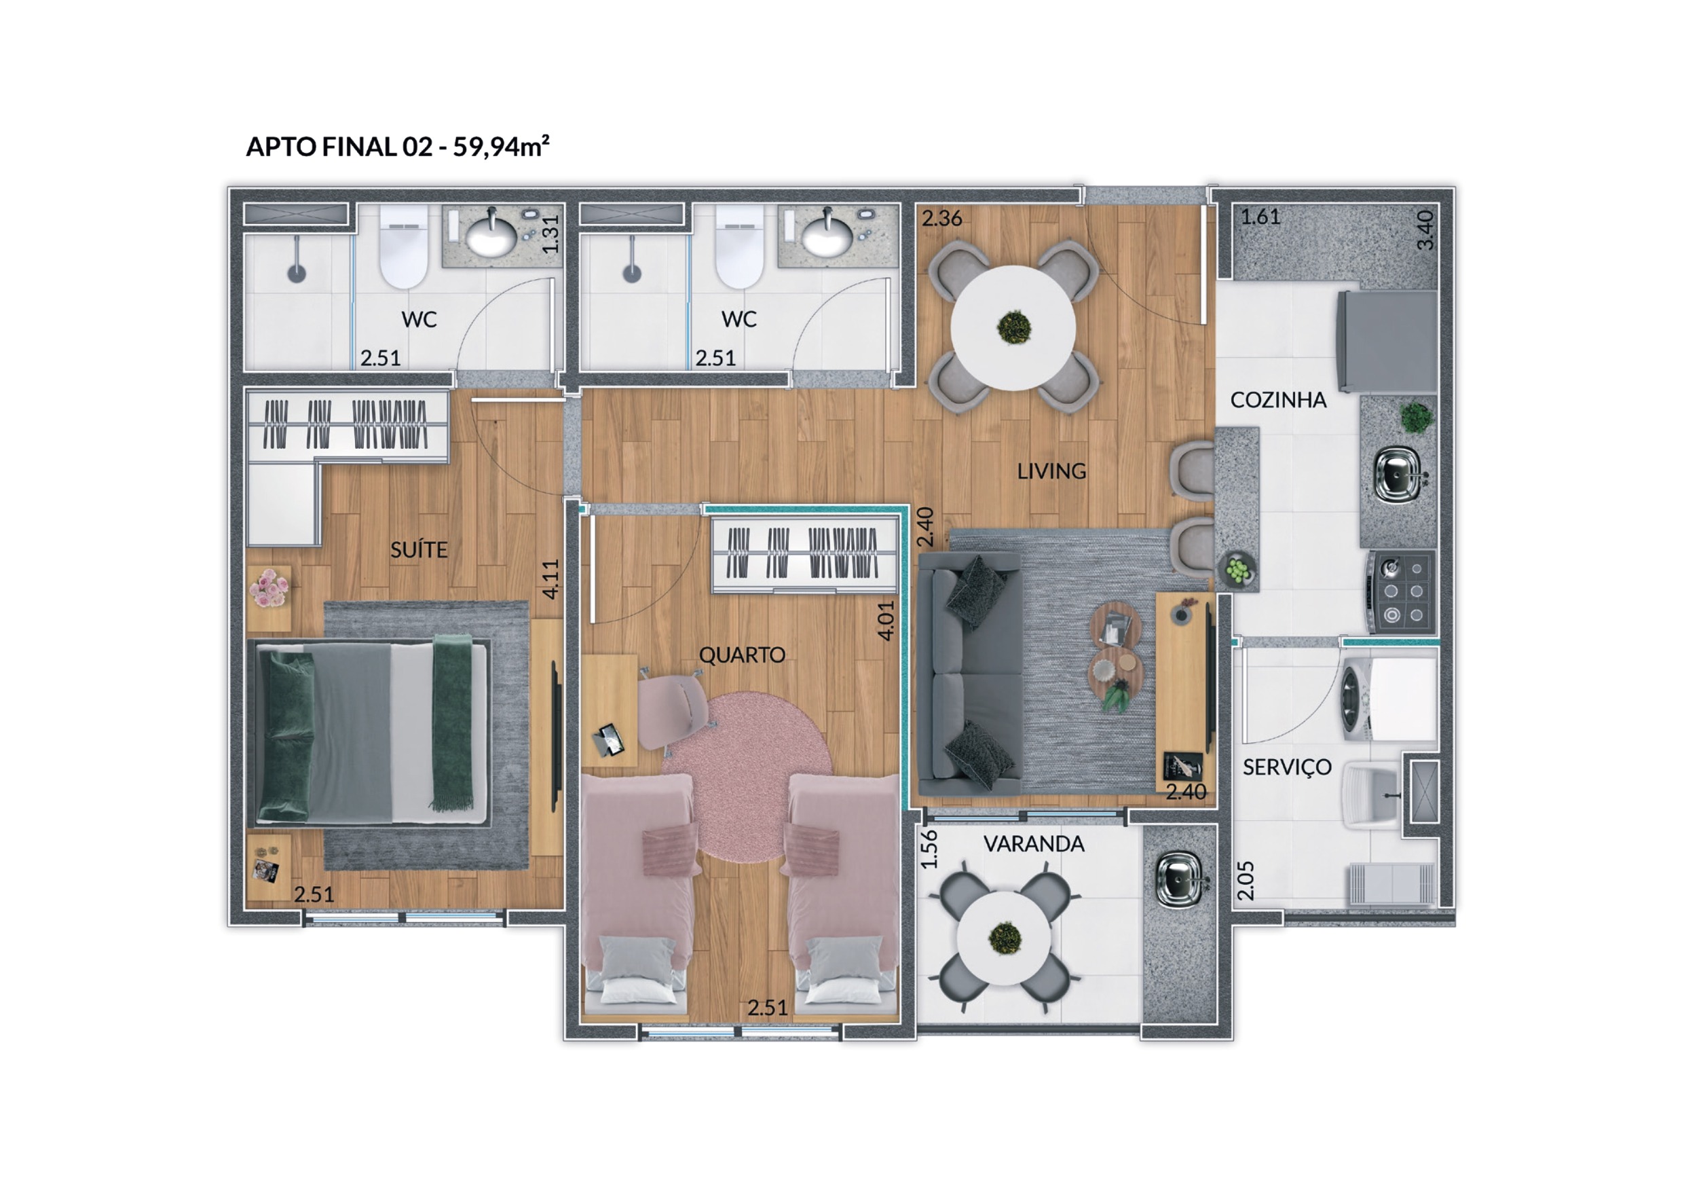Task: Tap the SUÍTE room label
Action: coord(419,549)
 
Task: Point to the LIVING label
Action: coord(1051,471)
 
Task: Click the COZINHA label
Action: coord(1278,400)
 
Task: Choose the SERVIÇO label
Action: coord(1286,767)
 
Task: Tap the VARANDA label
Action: coord(1034,844)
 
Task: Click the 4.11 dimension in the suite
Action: coord(551,579)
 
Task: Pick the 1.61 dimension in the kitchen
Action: coord(1260,217)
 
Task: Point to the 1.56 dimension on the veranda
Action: coord(929,849)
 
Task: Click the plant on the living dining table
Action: coord(1014,327)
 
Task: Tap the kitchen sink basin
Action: coord(1397,475)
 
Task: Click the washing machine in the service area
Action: coord(1389,699)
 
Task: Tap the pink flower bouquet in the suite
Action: coord(269,589)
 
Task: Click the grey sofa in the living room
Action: coord(970,674)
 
